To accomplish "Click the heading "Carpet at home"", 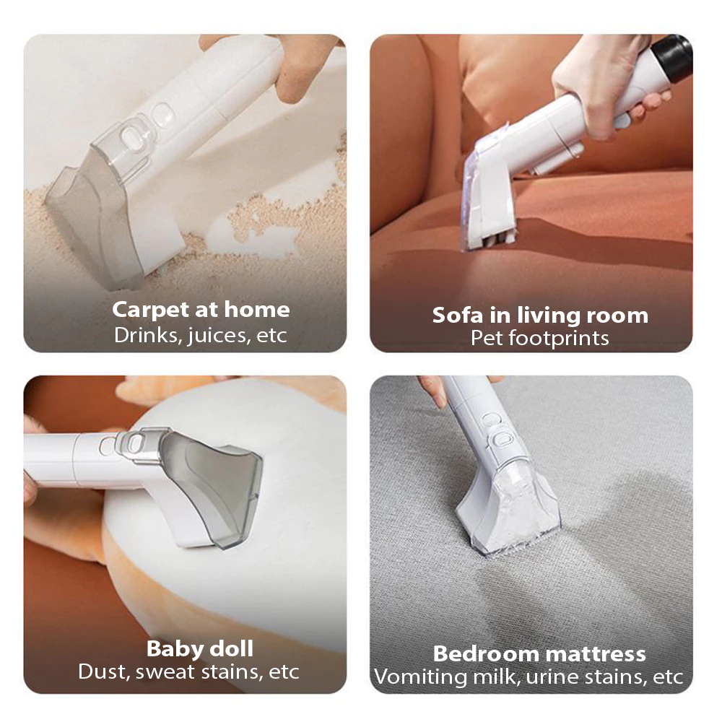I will pos(201,310).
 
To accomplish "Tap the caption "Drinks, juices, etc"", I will pos(201,335).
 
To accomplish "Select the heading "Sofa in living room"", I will pos(540,316).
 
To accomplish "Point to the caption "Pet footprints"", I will pos(540,338).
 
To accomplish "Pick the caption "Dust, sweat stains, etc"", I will pos(188,671).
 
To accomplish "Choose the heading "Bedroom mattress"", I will pos(539,653).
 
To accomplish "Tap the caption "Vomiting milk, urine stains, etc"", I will pos(529,677).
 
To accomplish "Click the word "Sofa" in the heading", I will pos(458,316).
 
